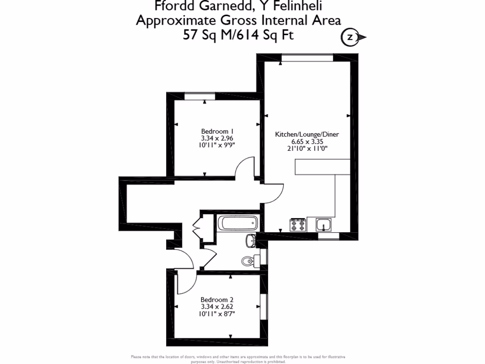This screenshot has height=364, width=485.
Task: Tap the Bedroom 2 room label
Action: coord(217,300)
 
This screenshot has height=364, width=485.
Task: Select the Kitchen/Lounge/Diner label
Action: coord(307,134)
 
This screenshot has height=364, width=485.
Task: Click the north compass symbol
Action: coord(351,37)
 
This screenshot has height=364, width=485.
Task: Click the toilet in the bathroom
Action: coord(249,260)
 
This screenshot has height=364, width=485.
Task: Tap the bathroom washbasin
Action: coord(250,241)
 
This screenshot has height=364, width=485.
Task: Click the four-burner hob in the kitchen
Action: coord(297,224)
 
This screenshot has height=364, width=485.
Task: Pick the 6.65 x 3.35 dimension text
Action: coord(307,141)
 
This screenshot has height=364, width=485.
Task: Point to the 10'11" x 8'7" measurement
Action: coord(217,314)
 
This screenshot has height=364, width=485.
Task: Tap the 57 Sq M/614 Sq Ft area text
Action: coord(238,35)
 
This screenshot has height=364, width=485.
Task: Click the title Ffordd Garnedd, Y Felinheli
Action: coord(239,6)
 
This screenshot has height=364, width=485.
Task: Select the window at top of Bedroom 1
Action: coord(199,97)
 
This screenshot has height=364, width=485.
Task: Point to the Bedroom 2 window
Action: coord(262,308)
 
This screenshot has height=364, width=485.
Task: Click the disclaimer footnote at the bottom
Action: coord(238,358)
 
